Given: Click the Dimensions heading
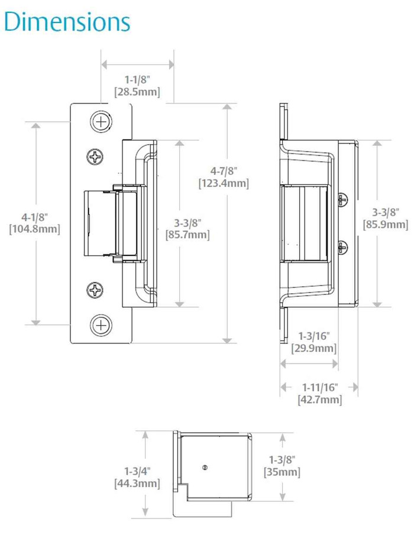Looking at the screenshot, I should [66, 22].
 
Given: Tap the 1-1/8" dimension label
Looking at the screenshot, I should [137, 79].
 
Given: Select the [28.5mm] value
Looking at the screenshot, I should [137, 92].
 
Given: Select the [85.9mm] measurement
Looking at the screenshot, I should [386, 224].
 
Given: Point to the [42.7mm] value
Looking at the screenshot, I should [319, 400].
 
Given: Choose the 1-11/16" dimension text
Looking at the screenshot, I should [319, 387].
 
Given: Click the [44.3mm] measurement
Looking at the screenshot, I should [136, 484].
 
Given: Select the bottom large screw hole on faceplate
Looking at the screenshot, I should [101, 325].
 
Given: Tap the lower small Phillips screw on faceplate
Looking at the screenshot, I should [95, 290].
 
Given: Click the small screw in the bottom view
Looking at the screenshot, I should [204, 468].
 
